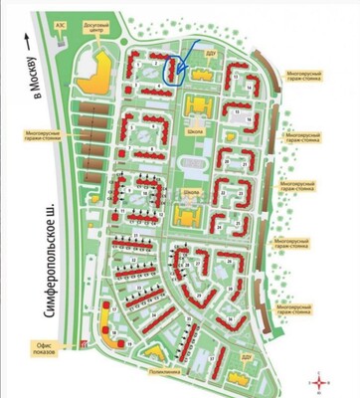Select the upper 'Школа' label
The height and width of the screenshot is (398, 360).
pos(195,128)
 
